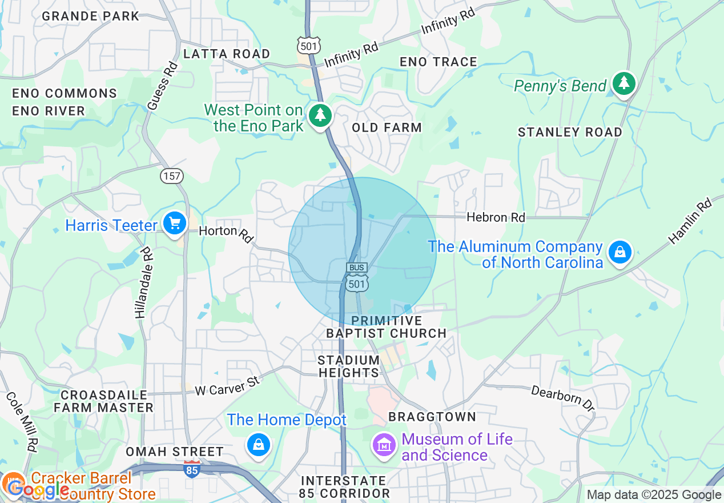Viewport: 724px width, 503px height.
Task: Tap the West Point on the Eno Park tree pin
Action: (320, 115)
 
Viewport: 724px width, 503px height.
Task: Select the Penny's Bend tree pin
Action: (624, 84)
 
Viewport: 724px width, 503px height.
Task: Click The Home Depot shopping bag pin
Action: (258, 444)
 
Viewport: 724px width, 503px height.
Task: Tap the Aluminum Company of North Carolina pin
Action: (620, 251)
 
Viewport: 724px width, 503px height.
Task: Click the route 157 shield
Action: (172, 175)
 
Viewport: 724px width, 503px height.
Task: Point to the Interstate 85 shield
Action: (192, 468)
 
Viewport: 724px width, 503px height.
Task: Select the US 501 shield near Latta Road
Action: (308, 45)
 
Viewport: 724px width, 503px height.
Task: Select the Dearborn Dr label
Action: (562, 398)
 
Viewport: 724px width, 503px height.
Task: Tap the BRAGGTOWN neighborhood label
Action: (432, 417)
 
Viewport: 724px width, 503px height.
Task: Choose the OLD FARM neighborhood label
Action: (387, 127)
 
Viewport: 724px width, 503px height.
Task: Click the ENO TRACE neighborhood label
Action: (438, 62)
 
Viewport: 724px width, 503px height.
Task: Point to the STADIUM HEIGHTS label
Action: (348, 366)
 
